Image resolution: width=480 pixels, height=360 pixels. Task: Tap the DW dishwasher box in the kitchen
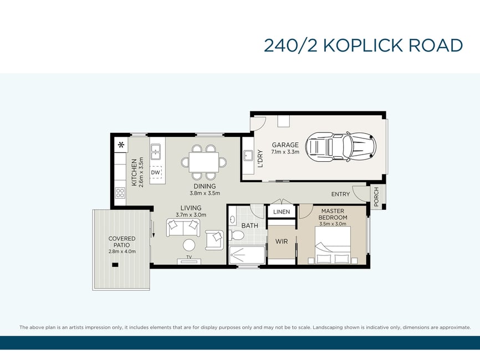pos(156,172)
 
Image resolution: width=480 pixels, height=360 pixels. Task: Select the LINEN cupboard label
pos(282,212)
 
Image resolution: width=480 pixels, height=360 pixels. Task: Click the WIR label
pos(282,241)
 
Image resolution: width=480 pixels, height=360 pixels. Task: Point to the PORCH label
pos(376,197)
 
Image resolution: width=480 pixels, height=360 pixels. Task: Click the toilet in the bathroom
pos(236,235)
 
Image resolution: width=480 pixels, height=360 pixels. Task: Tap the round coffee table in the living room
pos(189,245)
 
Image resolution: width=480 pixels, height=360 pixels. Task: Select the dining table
pos(204,162)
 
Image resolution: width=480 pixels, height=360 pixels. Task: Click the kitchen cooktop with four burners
pos(120,193)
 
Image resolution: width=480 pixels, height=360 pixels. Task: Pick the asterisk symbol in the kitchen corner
pos(121,145)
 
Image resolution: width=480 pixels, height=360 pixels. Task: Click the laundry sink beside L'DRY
pos(247,156)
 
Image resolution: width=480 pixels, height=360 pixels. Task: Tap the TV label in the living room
pos(189,257)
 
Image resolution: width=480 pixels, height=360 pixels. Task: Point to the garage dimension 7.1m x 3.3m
pos(285,152)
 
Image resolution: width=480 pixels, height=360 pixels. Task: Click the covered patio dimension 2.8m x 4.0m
pos(122,251)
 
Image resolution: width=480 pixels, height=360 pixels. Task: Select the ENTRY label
pos(340,194)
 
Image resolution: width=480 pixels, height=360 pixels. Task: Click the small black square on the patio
pos(115,265)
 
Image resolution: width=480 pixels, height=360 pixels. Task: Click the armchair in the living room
pos(215,239)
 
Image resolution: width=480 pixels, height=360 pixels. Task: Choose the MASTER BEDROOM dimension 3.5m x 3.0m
pos(333,224)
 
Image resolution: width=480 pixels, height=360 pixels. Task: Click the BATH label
pos(250,226)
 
